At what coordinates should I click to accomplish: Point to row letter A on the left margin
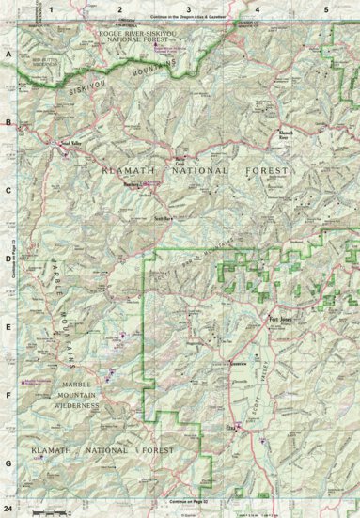(8, 55)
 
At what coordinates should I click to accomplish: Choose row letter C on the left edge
(8, 189)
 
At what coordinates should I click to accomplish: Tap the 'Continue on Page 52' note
(192, 504)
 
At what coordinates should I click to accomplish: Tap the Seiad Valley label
(71, 143)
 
